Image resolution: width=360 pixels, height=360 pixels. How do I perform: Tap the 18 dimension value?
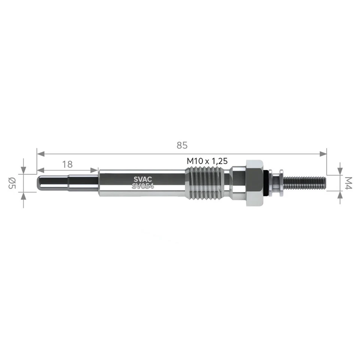point(67,164)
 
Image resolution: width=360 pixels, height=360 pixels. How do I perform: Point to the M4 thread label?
point(348,183)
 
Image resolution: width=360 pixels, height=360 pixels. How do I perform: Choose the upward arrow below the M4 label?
point(340,195)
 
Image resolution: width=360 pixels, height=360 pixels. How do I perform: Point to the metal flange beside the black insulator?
point(279,183)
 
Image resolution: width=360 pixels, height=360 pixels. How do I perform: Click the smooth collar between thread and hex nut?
point(236,183)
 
